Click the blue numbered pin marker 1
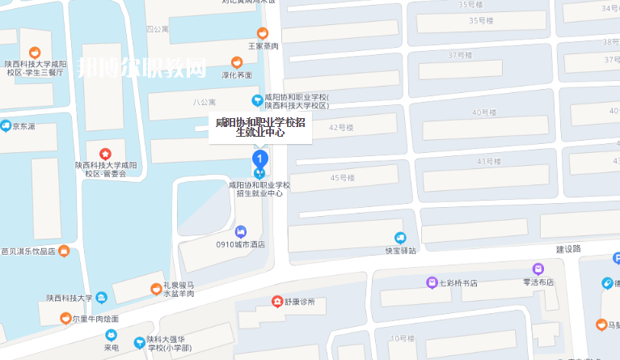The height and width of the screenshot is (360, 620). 259,157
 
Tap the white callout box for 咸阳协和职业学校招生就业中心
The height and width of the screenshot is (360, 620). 260,127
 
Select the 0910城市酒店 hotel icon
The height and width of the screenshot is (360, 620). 240,231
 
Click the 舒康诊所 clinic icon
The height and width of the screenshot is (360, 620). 278,302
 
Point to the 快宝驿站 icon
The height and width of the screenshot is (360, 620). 400,237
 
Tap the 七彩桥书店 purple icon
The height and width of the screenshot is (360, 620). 432,282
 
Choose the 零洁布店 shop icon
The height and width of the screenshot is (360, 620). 538,269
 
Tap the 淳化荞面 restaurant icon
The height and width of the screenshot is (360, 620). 237,62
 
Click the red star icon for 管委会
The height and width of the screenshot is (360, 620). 105,153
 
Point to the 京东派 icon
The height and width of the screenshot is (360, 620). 6,126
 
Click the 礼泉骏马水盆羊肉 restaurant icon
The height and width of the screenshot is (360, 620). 156,289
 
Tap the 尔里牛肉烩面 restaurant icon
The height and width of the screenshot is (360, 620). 66,318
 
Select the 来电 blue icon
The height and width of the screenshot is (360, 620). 111,335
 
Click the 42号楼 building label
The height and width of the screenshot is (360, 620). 342,128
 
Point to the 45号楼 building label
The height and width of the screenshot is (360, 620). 344,177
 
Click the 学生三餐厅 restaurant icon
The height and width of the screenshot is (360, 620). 35,53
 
